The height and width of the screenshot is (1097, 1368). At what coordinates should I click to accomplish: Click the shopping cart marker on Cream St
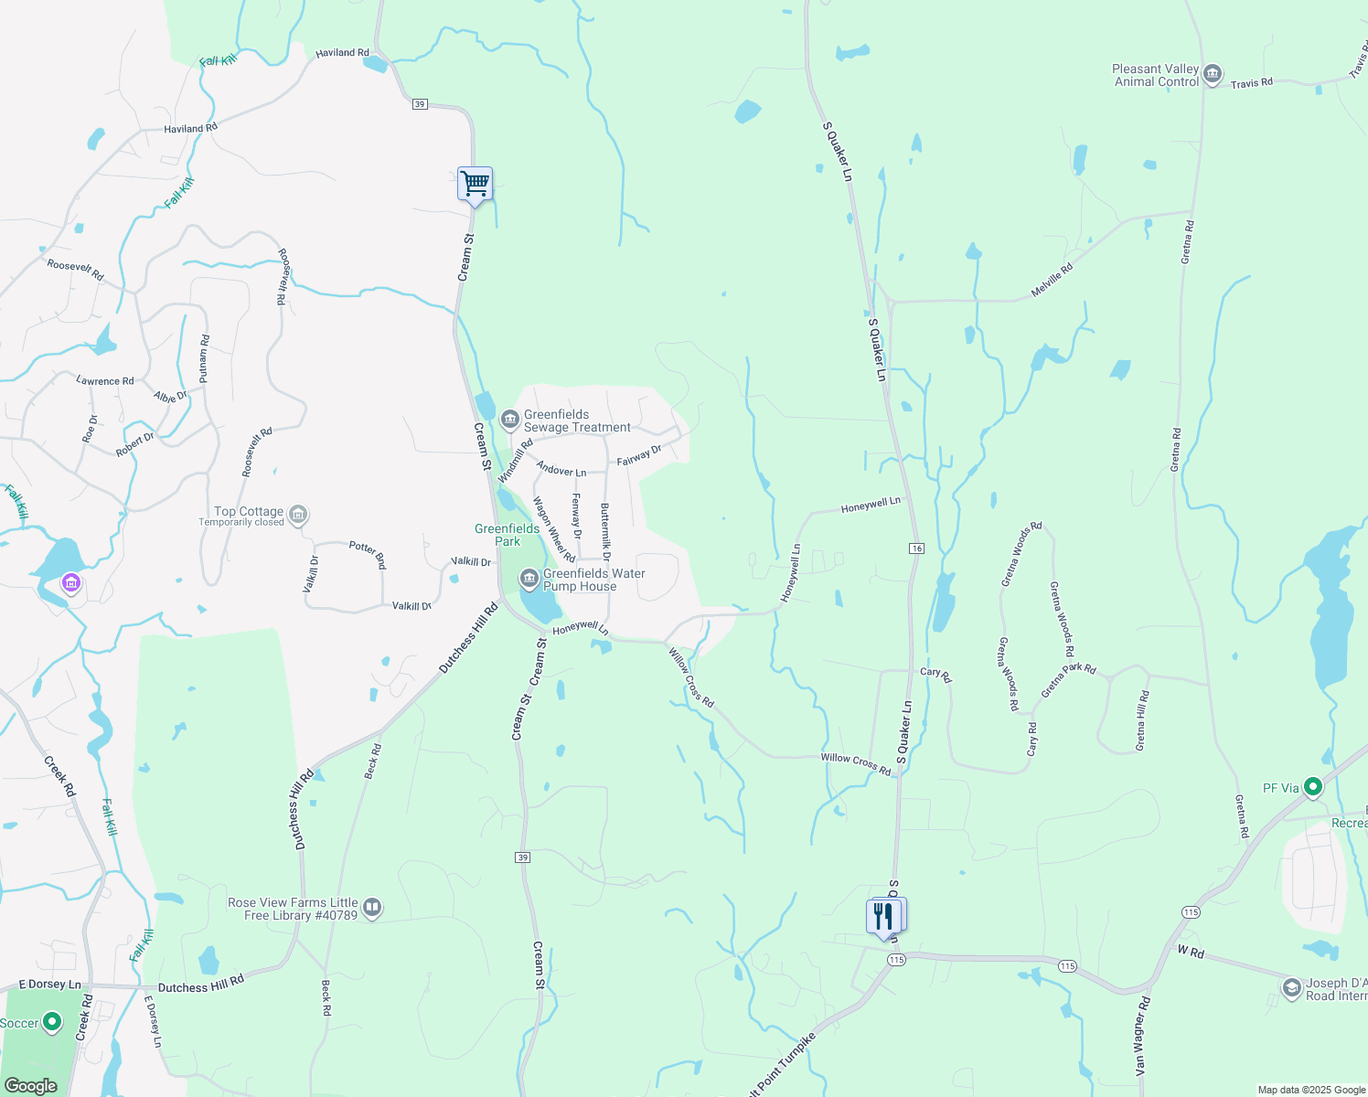click(475, 184)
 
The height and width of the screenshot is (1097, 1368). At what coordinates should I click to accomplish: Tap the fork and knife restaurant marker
click(884, 916)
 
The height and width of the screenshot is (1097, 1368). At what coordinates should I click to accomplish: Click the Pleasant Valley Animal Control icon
click(1213, 75)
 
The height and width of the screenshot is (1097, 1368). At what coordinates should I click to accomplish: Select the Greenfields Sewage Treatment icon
click(510, 420)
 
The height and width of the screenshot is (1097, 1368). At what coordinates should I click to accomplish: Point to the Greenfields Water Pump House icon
click(529, 579)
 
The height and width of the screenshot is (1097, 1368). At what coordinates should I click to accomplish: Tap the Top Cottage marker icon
click(298, 515)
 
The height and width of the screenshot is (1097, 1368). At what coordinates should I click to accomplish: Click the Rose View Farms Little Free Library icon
click(371, 908)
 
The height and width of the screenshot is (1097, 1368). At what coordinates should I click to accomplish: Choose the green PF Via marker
click(1313, 787)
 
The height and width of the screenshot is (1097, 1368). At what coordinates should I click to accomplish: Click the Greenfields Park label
click(507, 535)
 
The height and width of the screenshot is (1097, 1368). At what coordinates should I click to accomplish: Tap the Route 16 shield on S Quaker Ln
click(916, 548)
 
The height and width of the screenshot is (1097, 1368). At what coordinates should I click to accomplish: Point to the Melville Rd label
click(1052, 281)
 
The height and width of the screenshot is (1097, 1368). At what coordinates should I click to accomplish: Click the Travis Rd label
click(1251, 83)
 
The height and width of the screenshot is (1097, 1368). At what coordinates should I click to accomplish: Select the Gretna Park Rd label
click(1068, 680)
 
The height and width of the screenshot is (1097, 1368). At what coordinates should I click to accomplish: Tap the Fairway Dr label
click(639, 455)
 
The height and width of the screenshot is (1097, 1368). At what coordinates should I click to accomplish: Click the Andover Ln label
click(561, 469)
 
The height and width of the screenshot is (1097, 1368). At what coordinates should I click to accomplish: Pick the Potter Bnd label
click(369, 553)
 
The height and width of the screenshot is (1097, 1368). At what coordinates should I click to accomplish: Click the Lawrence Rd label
click(104, 380)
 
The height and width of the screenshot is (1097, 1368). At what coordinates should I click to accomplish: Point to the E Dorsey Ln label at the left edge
click(49, 985)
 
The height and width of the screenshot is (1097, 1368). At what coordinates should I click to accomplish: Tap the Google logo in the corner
click(30, 1086)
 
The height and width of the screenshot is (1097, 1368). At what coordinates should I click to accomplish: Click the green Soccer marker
click(52, 1022)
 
